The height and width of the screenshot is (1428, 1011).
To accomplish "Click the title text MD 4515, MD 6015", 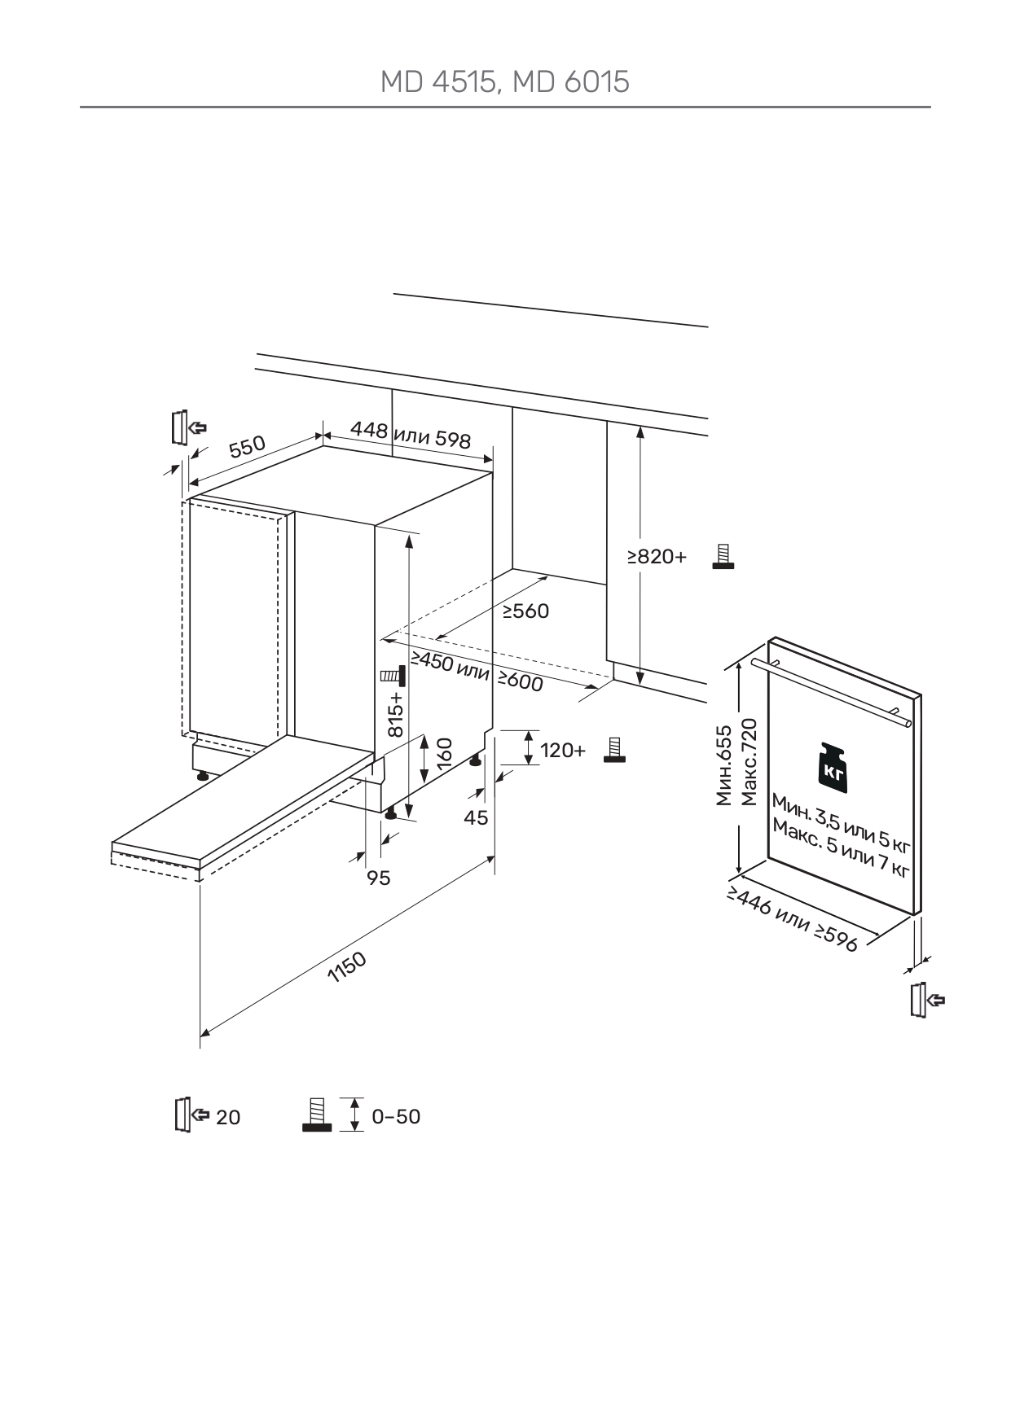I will (505, 82).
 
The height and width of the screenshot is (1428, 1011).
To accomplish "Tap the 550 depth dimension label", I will (247, 446).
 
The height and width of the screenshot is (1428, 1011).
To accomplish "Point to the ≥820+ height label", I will (657, 557).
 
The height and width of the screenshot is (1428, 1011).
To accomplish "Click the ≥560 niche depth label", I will (525, 611).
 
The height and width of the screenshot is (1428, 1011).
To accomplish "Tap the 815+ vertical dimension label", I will (395, 715).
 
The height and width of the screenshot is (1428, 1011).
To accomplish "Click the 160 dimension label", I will (444, 755).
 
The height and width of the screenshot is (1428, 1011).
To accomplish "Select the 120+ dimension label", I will (563, 750).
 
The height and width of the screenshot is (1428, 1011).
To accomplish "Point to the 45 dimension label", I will (476, 817).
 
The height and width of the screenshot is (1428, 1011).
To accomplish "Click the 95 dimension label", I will (379, 878).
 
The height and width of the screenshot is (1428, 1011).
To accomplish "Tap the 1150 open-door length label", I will (347, 967).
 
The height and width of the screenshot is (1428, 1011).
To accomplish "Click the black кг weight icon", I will (833, 769).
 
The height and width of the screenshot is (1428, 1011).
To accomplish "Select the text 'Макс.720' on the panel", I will (749, 762).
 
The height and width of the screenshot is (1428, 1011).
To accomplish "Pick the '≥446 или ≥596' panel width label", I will (793, 919).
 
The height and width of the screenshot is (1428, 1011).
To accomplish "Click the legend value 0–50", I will (396, 1116).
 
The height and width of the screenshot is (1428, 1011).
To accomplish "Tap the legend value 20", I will (228, 1117).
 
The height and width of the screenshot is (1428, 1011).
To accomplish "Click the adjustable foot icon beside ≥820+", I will (722, 556).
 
